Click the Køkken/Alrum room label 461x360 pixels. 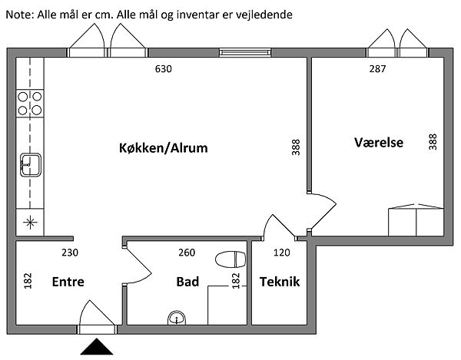pos(164,147)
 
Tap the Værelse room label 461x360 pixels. pos(379,143)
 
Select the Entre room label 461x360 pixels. pos(68,282)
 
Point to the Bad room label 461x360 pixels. pos(187,282)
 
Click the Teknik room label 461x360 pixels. pos(279,282)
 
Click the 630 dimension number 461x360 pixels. pos(163,69)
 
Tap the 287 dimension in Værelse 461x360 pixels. pos(376,69)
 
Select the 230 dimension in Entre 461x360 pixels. pos(71,252)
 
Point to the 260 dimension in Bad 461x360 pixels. pos(186,252)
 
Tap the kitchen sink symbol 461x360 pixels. pos(31,163)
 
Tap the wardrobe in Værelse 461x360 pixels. pos(414,220)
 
